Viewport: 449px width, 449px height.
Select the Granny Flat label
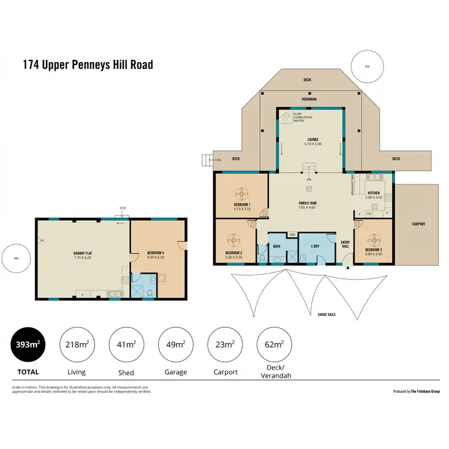[82, 253]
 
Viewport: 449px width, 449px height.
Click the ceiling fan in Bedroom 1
[242, 193]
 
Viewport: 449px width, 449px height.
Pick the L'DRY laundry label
[315, 246]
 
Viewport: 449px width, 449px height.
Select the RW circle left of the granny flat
[16, 258]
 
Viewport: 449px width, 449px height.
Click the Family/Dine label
[308, 204]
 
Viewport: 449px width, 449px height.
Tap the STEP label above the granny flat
[123, 208]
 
